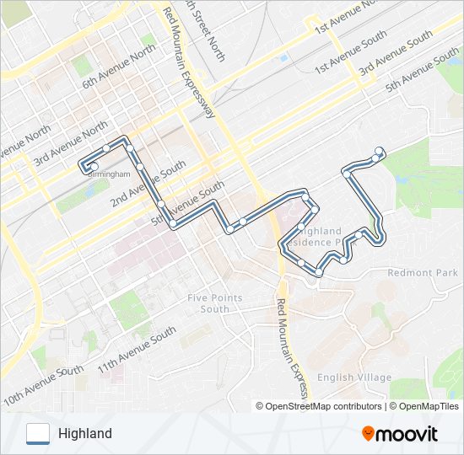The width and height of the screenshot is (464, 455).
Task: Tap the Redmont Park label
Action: pyautogui.click(x=423, y=273)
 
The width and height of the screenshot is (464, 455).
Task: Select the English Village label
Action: pyautogui.click(x=354, y=377)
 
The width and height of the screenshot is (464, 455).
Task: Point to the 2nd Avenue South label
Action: pyautogui.click(x=148, y=185)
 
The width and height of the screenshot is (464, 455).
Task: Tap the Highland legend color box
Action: pyautogui.click(x=38, y=433)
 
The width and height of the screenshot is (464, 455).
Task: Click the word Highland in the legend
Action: pyautogui.click(x=85, y=434)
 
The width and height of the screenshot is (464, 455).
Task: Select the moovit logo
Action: pyautogui.click(x=400, y=434)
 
